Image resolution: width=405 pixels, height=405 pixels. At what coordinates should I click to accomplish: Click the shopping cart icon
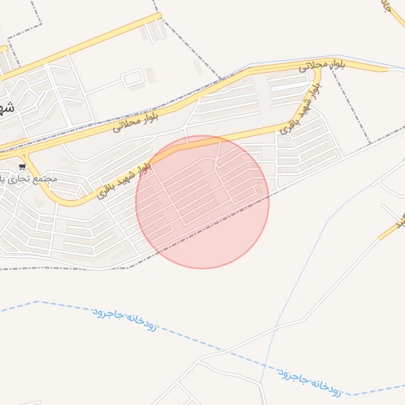point(23,166)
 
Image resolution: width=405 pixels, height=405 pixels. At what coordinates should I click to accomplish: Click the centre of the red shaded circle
point(202,202)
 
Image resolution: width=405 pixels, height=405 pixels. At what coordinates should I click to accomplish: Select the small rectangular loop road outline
point(133,78)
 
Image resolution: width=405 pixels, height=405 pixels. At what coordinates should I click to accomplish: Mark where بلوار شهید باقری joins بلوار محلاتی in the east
point(318,69)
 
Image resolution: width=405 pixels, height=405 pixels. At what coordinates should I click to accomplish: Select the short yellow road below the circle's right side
point(391,230)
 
